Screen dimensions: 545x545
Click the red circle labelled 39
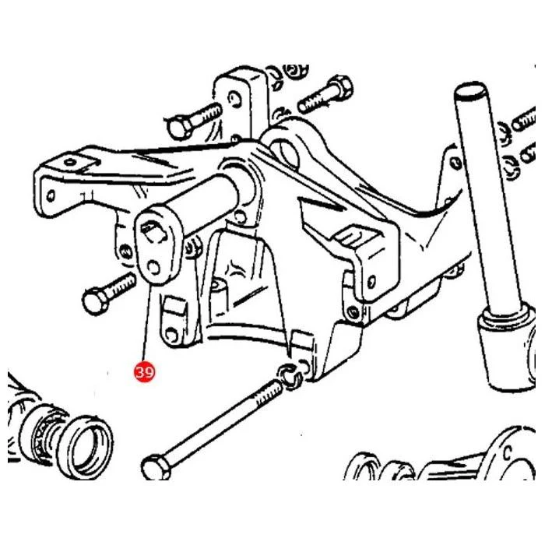(x=144, y=371)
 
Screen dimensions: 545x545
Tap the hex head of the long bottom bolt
(x=156, y=468)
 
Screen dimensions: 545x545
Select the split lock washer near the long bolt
(x=290, y=376)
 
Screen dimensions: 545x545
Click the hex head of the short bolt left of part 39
(x=96, y=300)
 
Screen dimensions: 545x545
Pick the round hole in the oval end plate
(x=153, y=268)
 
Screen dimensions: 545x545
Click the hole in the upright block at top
(x=234, y=99)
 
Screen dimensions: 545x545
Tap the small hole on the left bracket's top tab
(x=70, y=162)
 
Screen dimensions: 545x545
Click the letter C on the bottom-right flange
(x=508, y=453)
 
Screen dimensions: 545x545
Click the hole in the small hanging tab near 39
(x=171, y=334)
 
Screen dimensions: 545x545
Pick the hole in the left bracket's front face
(x=51, y=195)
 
